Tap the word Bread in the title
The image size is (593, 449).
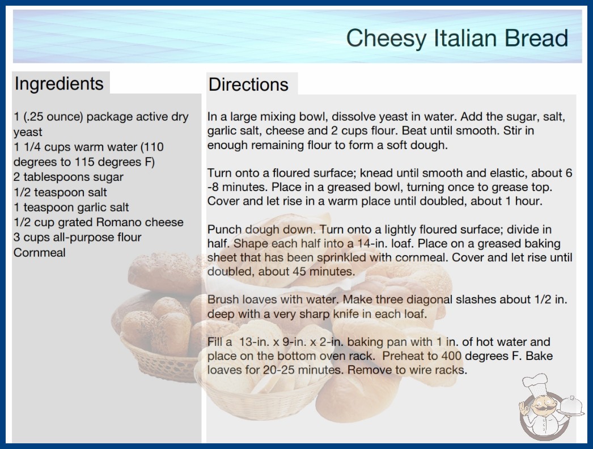[x=536, y=38]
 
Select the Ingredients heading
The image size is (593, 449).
[x=59, y=84]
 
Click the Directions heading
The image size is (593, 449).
[x=248, y=84]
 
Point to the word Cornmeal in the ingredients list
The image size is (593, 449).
[x=39, y=252]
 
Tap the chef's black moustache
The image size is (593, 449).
[x=544, y=408]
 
